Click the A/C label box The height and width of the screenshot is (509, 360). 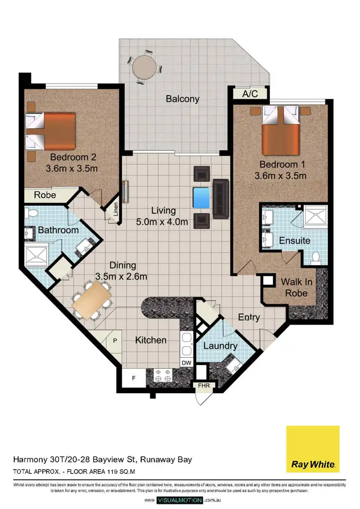pos(250,94)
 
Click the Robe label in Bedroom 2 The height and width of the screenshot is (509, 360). pos(45,195)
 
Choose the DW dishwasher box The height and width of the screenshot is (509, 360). pos(186,363)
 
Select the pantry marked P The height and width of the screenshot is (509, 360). pos(115,340)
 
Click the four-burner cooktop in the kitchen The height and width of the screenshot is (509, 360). pos(162,376)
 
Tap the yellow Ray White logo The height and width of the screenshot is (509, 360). pos(312,449)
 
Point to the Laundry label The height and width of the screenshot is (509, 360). pos(220,346)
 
